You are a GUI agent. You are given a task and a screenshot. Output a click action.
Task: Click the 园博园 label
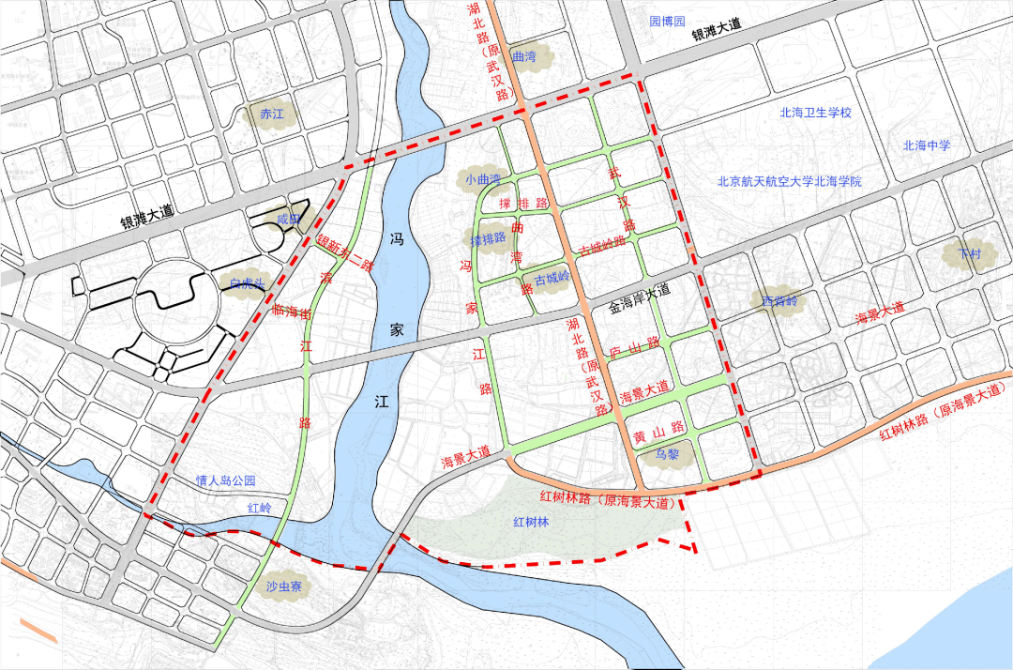(668, 21)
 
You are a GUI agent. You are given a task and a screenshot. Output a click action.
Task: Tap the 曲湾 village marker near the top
(524, 57)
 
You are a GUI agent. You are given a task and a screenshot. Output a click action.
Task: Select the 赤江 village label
(271, 115)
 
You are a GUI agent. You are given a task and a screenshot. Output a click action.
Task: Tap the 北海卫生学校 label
(815, 113)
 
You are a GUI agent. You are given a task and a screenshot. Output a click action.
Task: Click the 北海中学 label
(927, 145)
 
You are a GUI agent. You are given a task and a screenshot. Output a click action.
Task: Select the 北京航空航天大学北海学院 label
(789, 182)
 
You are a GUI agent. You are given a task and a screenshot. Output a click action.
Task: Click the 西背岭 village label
(778, 301)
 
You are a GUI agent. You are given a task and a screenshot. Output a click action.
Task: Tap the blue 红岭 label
(259, 508)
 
